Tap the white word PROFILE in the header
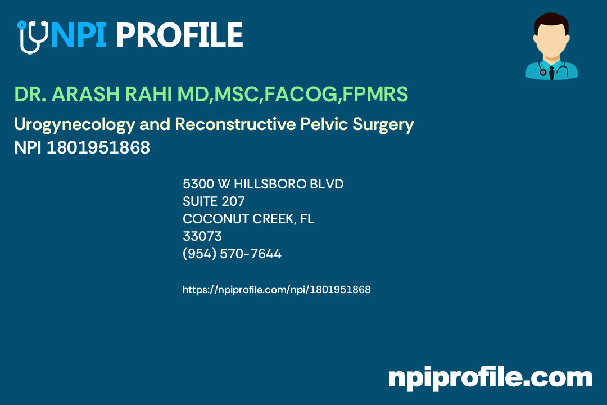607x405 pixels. point(179,35)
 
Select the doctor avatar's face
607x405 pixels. point(551,40)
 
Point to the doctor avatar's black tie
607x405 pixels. point(551,72)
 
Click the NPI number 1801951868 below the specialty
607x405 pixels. point(98,148)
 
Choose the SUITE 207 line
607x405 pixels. point(214,201)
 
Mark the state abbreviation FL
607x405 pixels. point(307,219)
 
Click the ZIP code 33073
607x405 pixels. point(202,236)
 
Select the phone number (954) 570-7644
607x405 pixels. point(232,254)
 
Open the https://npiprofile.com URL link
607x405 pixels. point(277,290)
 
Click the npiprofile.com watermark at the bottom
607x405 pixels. point(490,377)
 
